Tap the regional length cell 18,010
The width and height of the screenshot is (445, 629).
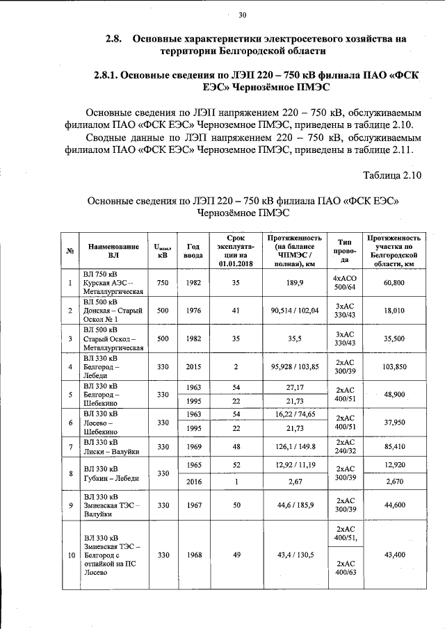coord(394,311)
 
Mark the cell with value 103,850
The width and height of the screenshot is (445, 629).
coord(394,366)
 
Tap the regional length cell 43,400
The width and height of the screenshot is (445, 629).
coord(394,555)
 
